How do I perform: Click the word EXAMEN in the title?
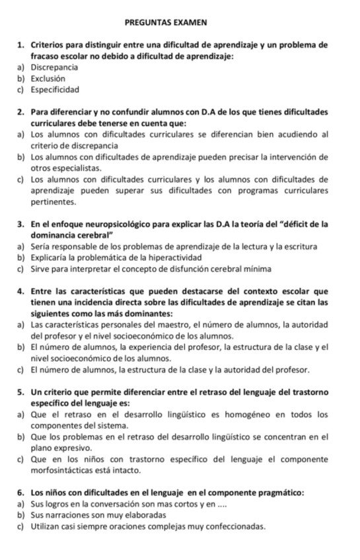[194, 22]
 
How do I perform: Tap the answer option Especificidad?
[55, 89]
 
